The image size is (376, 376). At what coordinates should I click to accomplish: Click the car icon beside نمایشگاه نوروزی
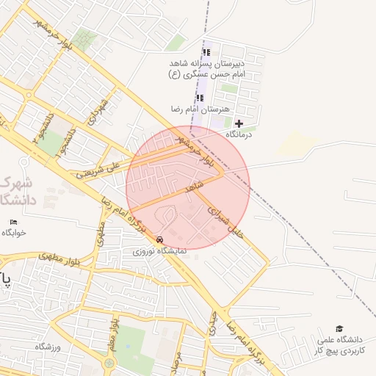(x=160, y=239)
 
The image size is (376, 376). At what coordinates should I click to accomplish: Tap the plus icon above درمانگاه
(x=239, y=123)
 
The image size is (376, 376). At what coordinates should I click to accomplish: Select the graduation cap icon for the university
(x=339, y=329)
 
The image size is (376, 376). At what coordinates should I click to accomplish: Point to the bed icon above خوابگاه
(x=13, y=222)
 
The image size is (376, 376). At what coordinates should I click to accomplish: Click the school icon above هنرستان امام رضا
(x=200, y=97)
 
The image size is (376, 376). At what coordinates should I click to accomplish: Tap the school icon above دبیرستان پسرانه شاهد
(x=206, y=52)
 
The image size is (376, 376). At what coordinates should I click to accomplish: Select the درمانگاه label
(x=239, y=135)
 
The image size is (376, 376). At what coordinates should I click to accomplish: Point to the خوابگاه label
(x=14, y=233)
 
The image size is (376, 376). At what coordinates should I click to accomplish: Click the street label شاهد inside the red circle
(x=194, y=188)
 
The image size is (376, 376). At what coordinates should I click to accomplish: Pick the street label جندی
(x=212, y=323)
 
